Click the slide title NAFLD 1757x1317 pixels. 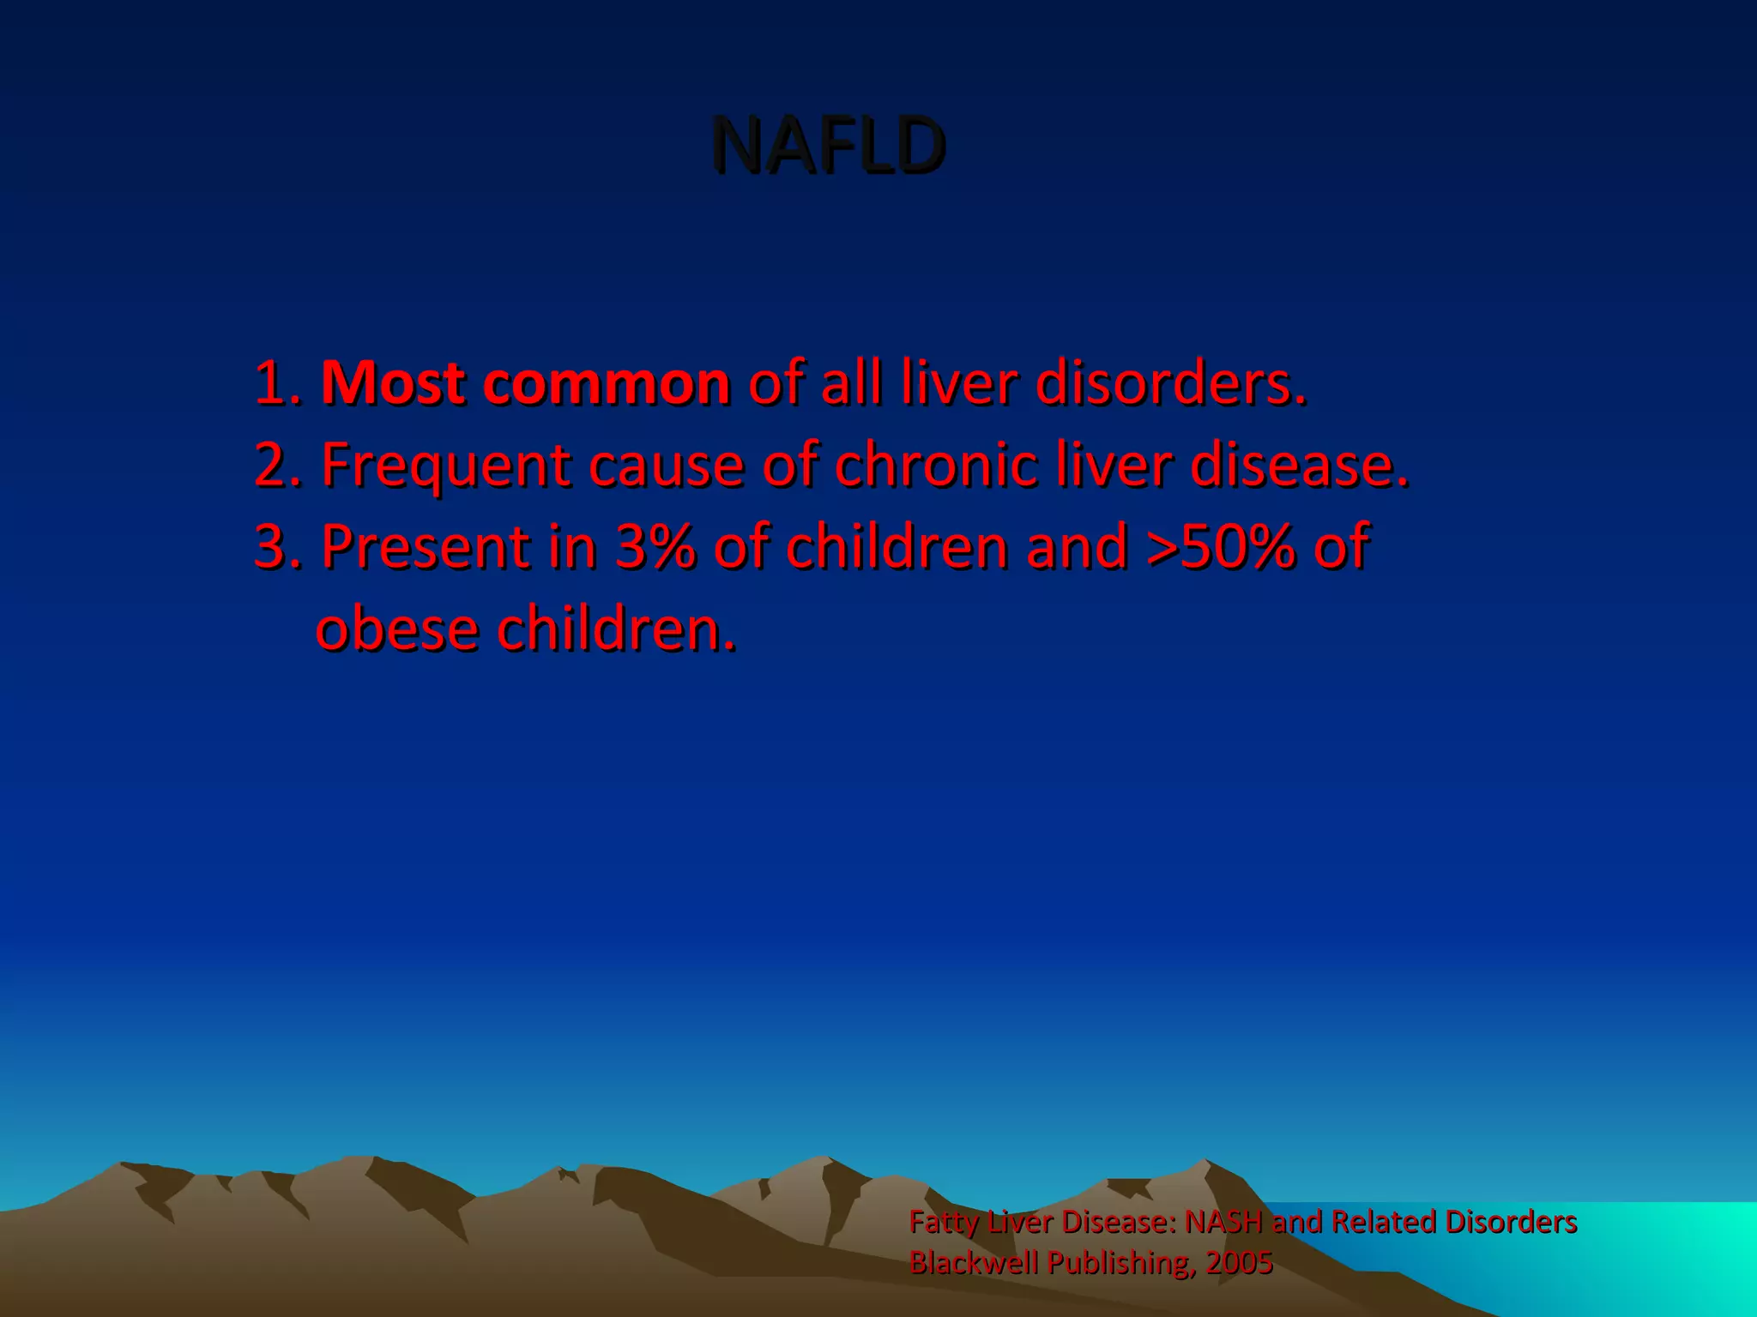[828, 146]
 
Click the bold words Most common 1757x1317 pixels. [525, 382]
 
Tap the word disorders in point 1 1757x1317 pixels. [1170, 382]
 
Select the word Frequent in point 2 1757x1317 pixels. [446, 465]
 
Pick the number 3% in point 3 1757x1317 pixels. [654, 546]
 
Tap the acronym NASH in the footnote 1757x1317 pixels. [1223, 1221]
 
